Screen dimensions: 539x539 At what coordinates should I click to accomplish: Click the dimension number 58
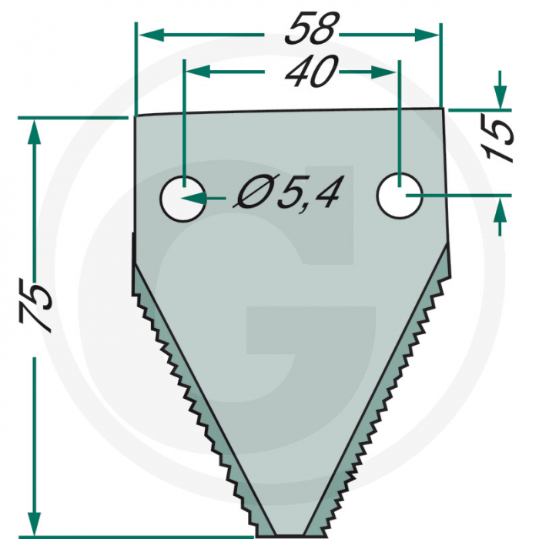tap(312, 31)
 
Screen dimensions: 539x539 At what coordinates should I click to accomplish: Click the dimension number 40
tap(312, 73)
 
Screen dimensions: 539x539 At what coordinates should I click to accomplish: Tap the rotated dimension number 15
tap(502, 139)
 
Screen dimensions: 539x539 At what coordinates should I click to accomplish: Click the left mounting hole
tap(182, 198)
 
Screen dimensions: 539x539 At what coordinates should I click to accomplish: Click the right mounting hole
tap(400, 195)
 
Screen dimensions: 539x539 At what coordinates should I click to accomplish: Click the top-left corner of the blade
tap(136, 117)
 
